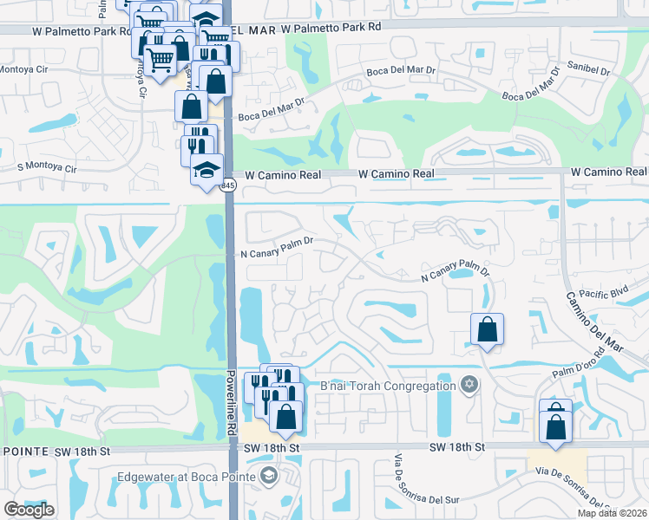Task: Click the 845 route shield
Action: (x=227, y=186)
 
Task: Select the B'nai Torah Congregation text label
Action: (x=388, y=386)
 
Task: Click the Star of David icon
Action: (x=469, y=385)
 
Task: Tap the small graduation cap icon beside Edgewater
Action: (x=268, y=476)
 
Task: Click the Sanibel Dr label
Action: (x=590, y=65)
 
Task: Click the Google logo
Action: (x=29, y=510)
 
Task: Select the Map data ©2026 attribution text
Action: (x=613, y=513)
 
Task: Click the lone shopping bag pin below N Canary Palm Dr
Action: (x=487, y=330)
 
